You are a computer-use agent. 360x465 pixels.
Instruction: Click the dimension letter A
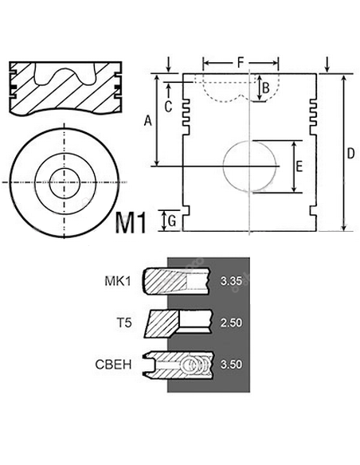point(147,120)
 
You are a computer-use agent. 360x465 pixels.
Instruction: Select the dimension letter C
point(168,105)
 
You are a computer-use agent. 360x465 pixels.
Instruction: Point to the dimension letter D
point(350,154)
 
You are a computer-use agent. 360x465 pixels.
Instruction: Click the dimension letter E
point(299,166)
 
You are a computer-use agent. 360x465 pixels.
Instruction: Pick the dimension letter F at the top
point(241,61)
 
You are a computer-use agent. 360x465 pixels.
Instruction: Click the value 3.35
point(230,280)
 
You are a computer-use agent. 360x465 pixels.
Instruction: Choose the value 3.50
point(230,365)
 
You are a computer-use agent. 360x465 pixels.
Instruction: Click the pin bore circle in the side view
point(252,166)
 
